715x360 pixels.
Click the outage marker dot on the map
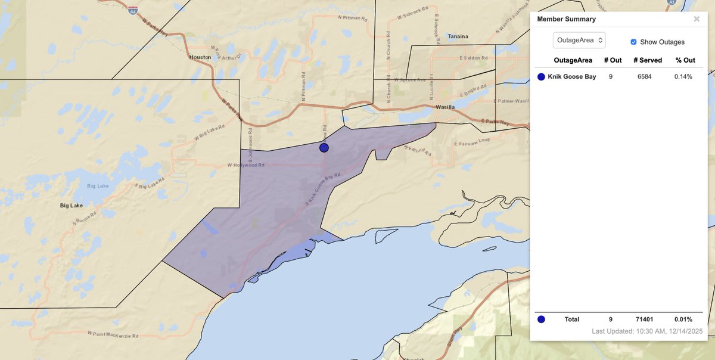point(324,148)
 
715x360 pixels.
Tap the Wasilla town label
point(445,107)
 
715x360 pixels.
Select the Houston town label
point(200,57)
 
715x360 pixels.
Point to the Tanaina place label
point(458,36)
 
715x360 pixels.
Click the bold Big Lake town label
point(72,206)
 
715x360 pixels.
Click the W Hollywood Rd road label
point(246,165)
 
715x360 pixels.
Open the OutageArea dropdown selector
point(579,40)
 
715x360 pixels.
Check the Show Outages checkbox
point(633,42)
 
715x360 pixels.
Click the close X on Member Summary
point(697,19)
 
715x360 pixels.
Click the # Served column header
point(647,60)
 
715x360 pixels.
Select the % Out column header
point(685,60)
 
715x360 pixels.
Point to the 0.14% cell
point(683,77)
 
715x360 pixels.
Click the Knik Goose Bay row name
point(571,77)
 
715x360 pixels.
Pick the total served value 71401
point(647,319)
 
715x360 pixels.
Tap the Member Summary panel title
point(566,19)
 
